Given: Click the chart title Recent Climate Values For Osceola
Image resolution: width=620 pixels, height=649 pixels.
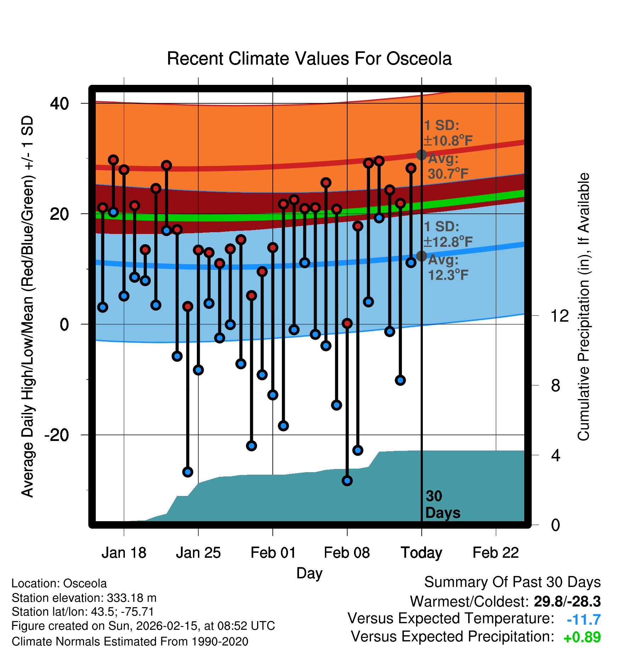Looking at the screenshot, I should [309, 59].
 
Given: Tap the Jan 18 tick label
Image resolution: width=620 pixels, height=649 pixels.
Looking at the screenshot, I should [124, 553].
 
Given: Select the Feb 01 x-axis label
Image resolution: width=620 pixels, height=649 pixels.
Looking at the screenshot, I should [273, 553].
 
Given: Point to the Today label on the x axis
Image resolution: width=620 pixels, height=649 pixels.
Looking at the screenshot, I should [421, 553].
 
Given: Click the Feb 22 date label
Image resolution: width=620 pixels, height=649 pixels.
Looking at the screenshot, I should [496, 553].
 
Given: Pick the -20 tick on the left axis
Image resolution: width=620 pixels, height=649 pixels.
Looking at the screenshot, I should [57, 435].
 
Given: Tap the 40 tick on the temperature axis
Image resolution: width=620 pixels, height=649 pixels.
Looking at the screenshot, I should [59, 104].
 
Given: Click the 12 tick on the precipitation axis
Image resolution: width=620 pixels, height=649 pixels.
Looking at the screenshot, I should [559, 316].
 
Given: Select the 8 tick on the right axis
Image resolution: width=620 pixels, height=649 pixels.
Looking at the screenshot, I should [556, 386].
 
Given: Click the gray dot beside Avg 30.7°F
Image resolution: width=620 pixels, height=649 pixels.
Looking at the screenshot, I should [421, 155].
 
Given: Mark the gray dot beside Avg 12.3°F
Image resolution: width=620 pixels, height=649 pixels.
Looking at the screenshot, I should [421, 256].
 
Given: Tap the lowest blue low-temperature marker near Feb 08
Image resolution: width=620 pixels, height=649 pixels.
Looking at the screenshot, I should [347, 481].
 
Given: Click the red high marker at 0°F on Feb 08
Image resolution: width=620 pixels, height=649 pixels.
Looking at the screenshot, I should [347, 323].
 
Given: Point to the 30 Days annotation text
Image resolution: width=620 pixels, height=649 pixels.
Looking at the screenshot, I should [442, 505].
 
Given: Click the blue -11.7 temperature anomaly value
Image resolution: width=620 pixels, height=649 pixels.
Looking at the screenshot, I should [583, 620].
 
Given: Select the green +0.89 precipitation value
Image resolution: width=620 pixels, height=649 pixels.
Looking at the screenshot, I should [582, 637].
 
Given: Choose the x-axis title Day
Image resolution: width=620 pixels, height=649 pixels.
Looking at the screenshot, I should [309, 573].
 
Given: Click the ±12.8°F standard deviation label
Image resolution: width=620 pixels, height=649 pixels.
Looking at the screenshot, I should [448, 242].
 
